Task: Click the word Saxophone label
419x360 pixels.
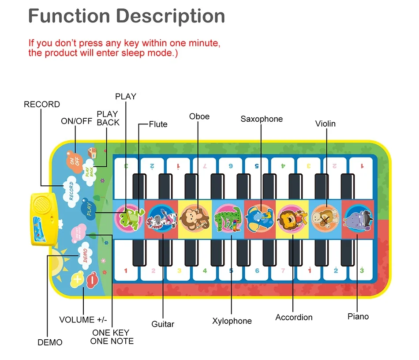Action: point(262,119)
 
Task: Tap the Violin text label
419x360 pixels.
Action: point(325,124)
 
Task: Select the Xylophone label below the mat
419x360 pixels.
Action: point(232,321)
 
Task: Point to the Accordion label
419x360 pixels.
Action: point(294,317)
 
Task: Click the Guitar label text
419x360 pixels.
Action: point(163,324)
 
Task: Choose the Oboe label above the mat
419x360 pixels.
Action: point(199,116)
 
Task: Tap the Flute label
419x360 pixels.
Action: point(158,124)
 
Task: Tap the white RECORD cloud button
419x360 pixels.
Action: point(71,190)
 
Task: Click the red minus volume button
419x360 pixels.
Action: point(92,279)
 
